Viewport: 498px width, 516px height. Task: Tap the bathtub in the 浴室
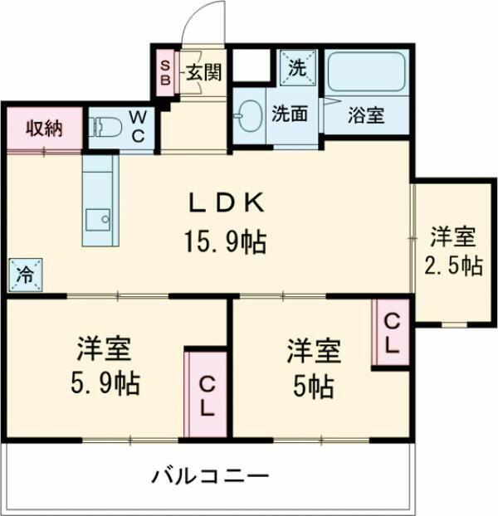[366, 71]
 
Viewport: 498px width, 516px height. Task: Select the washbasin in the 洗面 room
[248, 115]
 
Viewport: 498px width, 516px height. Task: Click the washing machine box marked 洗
[297, 68]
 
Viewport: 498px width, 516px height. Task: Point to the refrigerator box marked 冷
[26, 275]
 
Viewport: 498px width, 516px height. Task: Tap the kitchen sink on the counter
[98, 220]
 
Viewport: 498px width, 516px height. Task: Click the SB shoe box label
[165, 73]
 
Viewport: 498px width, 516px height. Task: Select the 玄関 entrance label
[204, 72]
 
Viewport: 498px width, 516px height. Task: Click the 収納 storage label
[44, 128]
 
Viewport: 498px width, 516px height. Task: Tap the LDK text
[226, 203]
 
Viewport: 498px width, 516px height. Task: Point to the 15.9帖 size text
[225, 242]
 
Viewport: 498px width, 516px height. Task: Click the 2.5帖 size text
[453, 265]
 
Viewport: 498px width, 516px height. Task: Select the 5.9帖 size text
[105, 383]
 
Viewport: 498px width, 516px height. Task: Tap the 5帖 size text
[314, 387]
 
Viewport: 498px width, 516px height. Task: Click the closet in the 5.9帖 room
[206, 394]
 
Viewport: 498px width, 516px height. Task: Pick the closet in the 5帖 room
[391, 332]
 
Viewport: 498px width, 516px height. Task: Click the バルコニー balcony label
[210, 476]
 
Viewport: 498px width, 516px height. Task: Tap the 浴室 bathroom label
[366, 115]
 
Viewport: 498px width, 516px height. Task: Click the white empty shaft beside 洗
[251, 65]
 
